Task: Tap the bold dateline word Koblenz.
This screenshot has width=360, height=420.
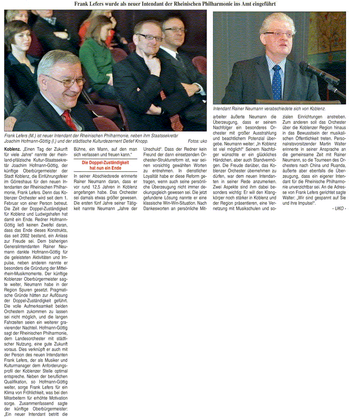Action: click(x=12, y=150)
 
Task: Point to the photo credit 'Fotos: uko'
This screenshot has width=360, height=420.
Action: click(x=197, y=141)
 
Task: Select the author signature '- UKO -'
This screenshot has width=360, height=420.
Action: click(x=339, y=209)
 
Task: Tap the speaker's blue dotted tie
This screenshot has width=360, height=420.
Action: click(x=277, y=82)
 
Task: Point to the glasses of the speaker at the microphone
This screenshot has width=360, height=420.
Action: click(x=278, y=35)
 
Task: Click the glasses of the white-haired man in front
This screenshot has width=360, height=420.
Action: click(x=63, y=81)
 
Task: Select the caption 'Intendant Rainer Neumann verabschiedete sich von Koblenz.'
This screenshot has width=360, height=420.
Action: click(x=269, y=109)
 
